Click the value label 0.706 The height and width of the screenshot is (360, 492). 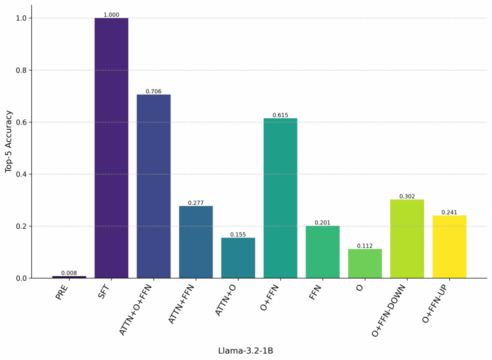click(154, 91)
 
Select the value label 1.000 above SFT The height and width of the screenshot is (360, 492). click(111, 15)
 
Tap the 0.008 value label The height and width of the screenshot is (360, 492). click(69, 273)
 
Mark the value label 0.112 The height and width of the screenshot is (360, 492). click(365, 246)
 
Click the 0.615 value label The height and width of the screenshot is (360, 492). click(281, 115)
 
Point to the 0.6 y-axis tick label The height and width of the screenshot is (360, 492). click(22, 122)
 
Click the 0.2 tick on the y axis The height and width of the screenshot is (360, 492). click(22, 226)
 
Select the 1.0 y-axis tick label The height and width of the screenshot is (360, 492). click(22, 18)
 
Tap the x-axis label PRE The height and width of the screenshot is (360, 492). click(62, 292)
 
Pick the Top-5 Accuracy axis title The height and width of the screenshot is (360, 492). click(9, 141)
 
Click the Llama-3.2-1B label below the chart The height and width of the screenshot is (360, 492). click(246, 351)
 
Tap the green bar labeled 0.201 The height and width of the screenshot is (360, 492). click(323, 252)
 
